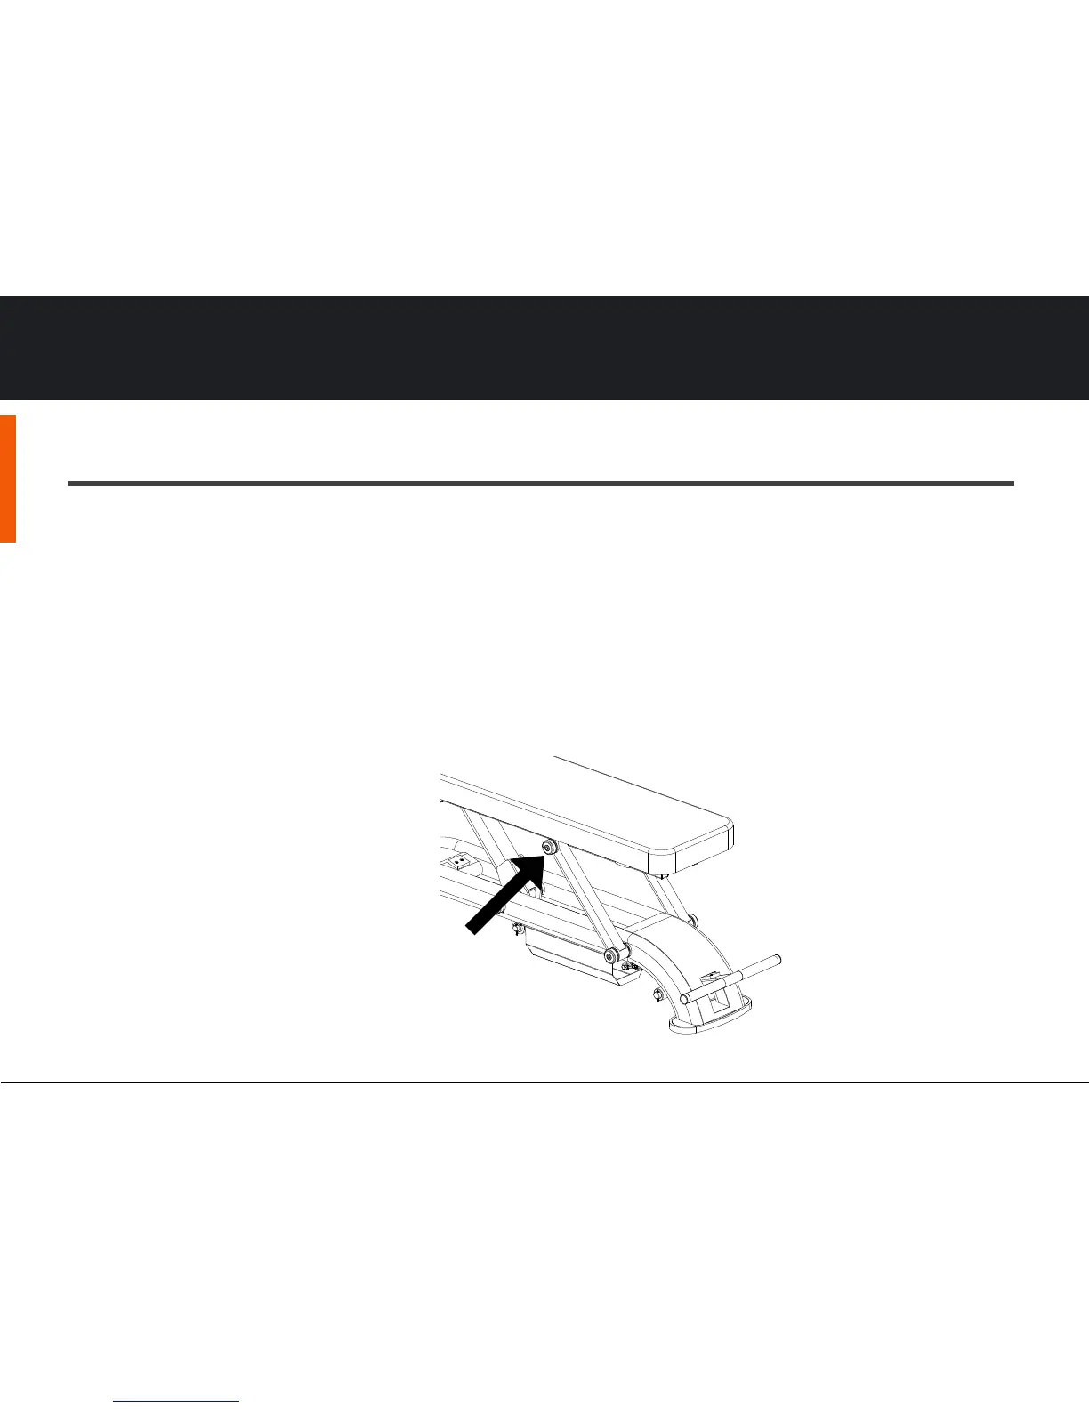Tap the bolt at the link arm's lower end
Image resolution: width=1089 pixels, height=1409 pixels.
point(610,956)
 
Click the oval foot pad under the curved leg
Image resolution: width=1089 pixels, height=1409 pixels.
point(709,1022)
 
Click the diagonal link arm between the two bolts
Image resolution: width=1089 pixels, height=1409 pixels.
point(578,902)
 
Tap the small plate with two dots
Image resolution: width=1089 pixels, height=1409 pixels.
point(460,862)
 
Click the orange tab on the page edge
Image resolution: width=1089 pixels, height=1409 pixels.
point(7,479)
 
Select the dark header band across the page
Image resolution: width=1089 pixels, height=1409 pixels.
point(544,348)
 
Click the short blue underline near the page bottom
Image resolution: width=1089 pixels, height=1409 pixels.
point(177,1402)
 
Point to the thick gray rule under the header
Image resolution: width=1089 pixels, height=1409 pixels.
point(541,484)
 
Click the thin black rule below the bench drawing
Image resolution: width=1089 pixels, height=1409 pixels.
point(544,1083)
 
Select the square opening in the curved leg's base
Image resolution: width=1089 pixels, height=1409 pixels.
point(716,1003)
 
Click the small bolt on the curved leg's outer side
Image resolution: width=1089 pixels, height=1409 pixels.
point(657,994)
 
